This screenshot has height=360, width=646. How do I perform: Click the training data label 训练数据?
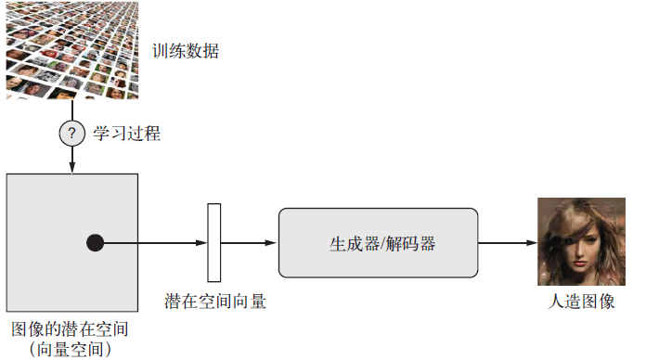187,49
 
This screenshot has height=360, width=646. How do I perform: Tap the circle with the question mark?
71,134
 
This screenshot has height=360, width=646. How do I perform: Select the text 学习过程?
126,135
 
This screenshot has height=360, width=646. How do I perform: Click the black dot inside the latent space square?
95,243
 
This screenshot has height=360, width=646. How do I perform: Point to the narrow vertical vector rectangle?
214,243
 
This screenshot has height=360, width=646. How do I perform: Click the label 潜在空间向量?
214,302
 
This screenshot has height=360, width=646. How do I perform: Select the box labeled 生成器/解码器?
379,243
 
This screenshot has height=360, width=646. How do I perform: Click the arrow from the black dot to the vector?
153,243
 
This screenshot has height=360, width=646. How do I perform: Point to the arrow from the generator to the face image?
508,243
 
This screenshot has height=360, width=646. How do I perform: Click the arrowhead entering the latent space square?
71,168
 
